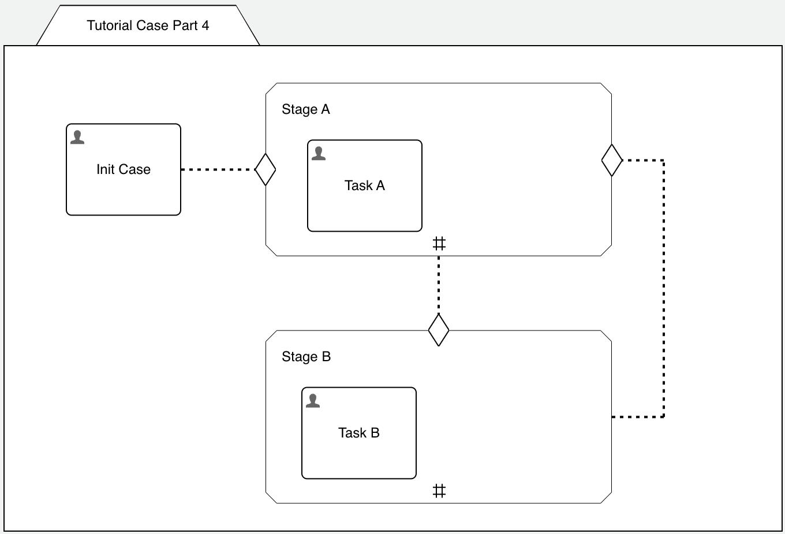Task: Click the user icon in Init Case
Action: [77, 138]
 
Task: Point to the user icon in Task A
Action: [319, 154]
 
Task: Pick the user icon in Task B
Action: [313, 401]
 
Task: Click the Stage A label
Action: [305, 110]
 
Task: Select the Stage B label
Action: [306, 357]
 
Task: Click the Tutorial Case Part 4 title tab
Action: [148, 25]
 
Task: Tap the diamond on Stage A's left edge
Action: [266, 170]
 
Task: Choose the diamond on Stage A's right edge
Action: [612, 160]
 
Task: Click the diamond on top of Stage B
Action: [439, 330]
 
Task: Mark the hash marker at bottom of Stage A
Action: [439, 244]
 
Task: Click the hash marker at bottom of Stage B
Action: [439, 491]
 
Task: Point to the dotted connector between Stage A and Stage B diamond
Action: [439, 283]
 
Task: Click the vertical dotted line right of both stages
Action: [664, 289]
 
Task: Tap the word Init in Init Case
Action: [105, 170]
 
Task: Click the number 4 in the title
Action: [205, 25]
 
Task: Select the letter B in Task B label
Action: [375, 433]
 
